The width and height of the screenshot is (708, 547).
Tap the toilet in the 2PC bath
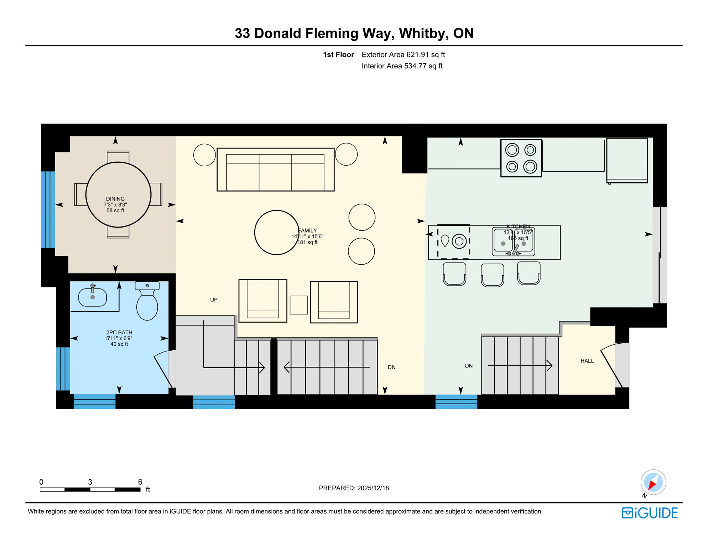tap(147, 304)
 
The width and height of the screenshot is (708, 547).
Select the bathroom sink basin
tap(93, 297)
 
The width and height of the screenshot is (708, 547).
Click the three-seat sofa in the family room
tap(275, 170)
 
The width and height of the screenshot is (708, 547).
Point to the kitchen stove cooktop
tap(521, 158)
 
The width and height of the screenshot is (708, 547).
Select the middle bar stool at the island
tap(492, 275)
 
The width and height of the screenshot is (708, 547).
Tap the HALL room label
tap(587, 361)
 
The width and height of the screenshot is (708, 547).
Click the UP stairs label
tap(214, 299)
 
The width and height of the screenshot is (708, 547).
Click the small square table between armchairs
tap(298, 305)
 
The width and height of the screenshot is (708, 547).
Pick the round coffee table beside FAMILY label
tap(276, 233)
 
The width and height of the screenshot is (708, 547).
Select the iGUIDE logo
tap(650, 513)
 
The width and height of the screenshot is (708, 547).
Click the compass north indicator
tap(653, 483)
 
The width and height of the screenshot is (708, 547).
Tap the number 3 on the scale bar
tap(90, 482)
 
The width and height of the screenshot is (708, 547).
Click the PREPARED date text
tap(354, 488)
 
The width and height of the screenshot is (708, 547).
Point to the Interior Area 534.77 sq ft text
tap(402, 66)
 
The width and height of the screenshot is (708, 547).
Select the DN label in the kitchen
tap(469, 366)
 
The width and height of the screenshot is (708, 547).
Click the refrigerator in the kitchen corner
tap(627, 160)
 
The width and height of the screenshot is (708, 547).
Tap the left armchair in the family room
tap(263, 301)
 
